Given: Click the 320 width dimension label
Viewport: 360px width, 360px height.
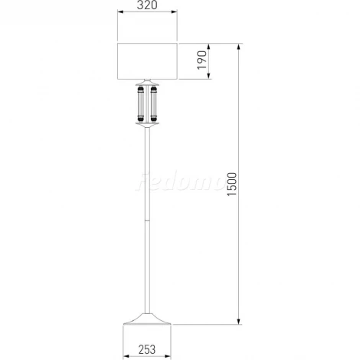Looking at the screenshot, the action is (147, 5).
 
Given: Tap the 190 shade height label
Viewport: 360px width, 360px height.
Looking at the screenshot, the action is (202, 60).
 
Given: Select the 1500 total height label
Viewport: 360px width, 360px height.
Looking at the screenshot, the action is (232, 184).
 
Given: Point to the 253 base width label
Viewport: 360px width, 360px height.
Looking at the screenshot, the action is (147, 349).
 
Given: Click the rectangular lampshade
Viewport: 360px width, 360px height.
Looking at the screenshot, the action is (147, 61).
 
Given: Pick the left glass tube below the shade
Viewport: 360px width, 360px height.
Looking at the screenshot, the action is (141, 103).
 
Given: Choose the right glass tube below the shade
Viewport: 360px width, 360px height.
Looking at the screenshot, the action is (153, 103).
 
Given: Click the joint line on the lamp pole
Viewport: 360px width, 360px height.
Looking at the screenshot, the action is (147, 220).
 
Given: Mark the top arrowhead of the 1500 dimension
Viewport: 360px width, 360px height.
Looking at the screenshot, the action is (239, 47).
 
